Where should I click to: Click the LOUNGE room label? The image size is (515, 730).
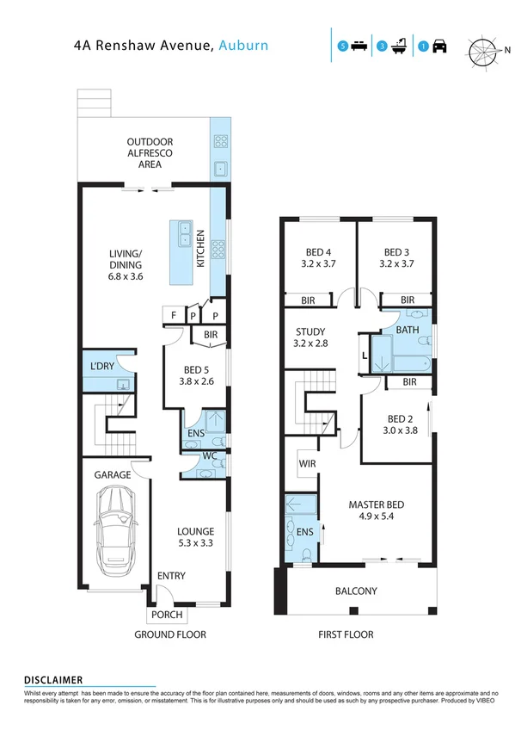tap(195, 531)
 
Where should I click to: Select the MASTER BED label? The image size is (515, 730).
tap(376, 504)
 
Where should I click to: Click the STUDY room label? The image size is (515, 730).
tap(310, 332)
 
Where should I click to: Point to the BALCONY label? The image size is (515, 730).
tap(355, 591)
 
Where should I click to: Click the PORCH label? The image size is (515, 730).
tap(166, 615)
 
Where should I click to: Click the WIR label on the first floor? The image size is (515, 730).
tap(308, 466)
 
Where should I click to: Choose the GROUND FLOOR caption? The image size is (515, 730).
tap(169, 635)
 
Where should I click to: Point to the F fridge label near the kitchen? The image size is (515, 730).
tap(174, 316)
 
